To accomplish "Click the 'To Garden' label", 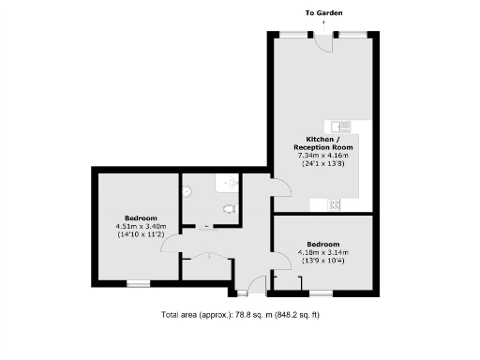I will point(323,14).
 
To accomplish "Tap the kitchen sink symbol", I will point(337,126).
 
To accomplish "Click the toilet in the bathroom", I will point(228,208).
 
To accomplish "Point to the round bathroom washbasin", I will point(187,190).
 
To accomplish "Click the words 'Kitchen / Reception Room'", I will point(322,143).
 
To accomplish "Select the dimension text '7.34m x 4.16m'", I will point(322,156).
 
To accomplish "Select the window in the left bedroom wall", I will point(139,283).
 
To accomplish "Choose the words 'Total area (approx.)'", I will point(195,314).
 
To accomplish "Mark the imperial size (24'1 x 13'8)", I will point(322,164).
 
